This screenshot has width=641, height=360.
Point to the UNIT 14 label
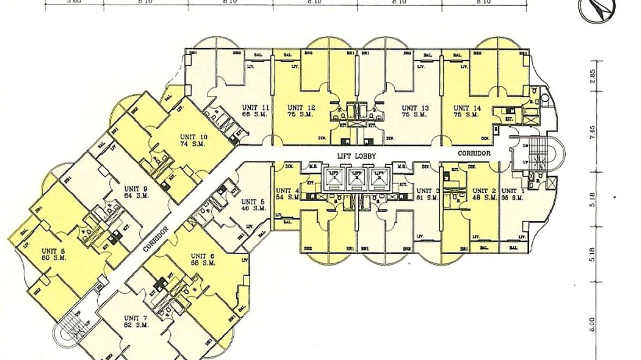466,108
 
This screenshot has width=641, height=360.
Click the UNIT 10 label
193,136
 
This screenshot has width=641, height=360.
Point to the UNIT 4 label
287,191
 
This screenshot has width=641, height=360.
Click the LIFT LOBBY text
356,156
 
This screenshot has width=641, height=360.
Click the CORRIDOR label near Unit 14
474,154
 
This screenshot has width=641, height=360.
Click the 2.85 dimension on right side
592,78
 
